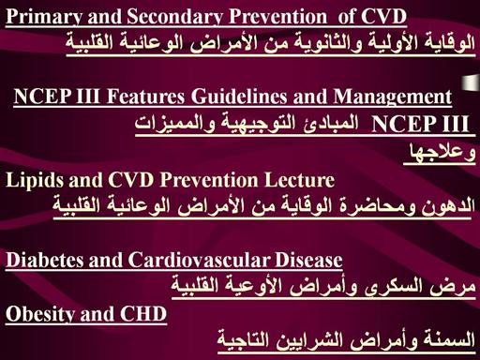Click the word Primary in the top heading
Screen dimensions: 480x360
coord(45,16)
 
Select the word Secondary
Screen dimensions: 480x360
coord(175,16)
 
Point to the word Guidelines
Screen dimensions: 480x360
coord(239,97)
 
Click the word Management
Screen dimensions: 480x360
coord(393,97)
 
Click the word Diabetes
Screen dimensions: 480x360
coord(45,260)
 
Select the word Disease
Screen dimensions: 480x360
coord(308,260)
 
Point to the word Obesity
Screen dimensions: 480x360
coord(40,314)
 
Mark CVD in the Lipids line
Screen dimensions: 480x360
coord(131,180)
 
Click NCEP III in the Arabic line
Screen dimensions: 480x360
coord(421,124)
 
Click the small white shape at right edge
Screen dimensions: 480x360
coord(471,82)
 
